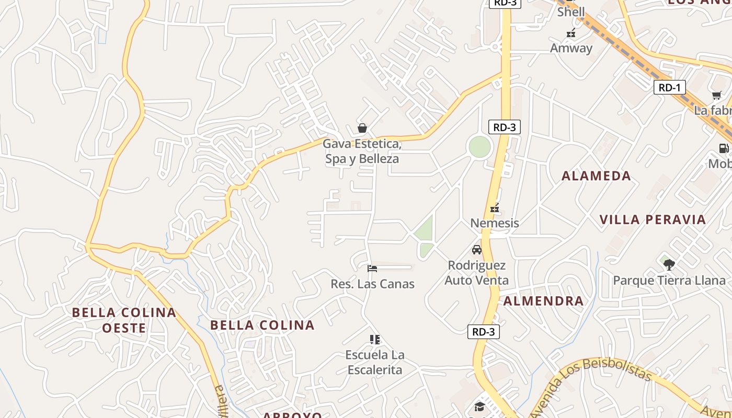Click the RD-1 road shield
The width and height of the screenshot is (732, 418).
coord(669,87)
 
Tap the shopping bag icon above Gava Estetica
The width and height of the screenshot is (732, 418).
coord(362,128)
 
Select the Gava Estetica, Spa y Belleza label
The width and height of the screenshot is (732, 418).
coord(362,151)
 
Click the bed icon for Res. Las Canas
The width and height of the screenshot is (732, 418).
coord(372,269)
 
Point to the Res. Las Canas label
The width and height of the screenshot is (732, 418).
coord(372,284)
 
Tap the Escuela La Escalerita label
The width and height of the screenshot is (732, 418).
coord(374,363)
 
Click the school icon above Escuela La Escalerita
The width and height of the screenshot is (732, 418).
coord(374,340)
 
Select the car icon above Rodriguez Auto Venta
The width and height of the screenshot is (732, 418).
coord(477,249)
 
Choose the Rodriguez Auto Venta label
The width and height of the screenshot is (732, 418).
coord(476,273)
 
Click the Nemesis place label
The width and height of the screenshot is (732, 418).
coord(495,223)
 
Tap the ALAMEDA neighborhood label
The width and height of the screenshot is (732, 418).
coord(596,176)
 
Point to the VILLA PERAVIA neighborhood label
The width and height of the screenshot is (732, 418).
coord(653,219)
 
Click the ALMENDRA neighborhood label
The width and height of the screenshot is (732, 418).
coord(543,301)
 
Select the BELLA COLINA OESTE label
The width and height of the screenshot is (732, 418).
coord(124,320)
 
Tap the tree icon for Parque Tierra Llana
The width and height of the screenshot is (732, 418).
coord(669,264)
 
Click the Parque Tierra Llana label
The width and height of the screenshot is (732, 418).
coord(669,281)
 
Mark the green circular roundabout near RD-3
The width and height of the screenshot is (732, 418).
coord(479,147)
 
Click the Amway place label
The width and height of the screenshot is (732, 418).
coord(571,48)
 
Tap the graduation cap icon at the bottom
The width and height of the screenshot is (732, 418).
coord(479,407)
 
